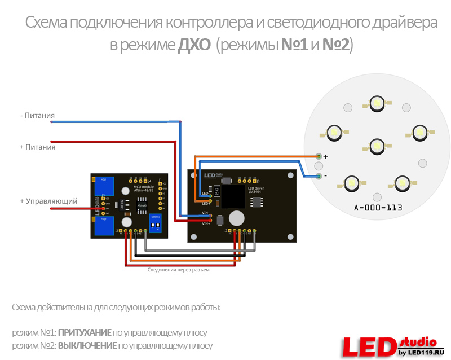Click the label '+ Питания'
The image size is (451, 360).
[37, 147]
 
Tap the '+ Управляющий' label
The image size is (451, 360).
[48, 201]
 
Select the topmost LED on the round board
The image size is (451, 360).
[376, 102]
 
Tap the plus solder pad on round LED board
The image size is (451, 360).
[319, 156]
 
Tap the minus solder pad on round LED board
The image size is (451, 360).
[319, 176]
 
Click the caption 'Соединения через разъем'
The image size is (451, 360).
[178, 270]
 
